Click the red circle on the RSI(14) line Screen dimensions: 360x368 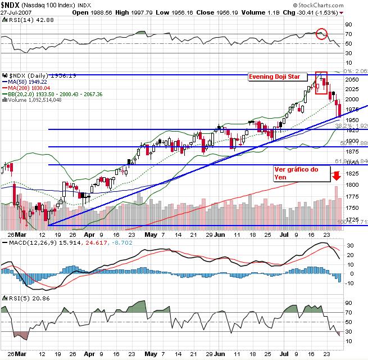coord(321,34)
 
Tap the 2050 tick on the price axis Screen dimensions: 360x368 coord(352,80)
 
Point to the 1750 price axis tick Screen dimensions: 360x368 coord(352,196)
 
